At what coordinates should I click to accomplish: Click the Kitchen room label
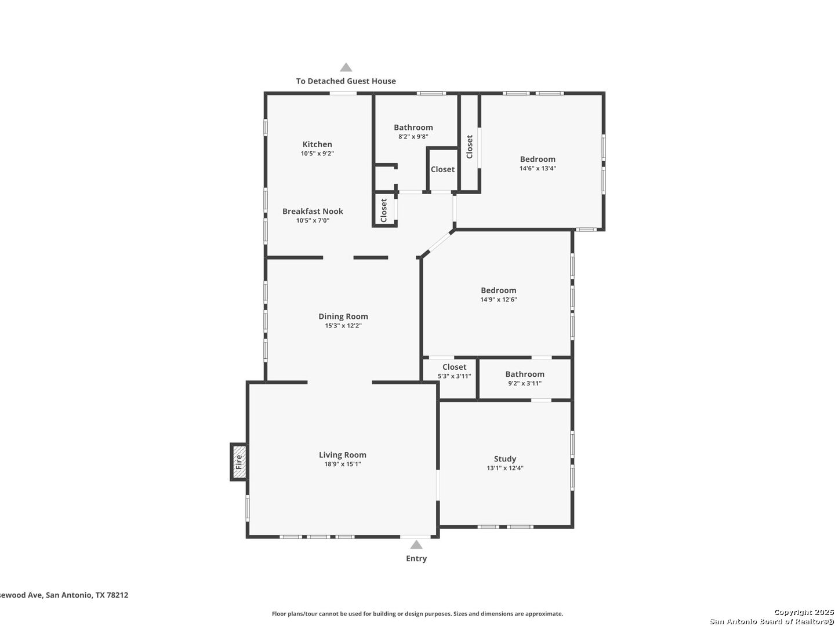[317, 144]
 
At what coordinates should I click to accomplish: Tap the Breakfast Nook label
[313, 211]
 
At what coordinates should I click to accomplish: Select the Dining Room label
[343, 316]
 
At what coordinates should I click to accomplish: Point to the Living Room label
[342, 454]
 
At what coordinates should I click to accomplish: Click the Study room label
[504, 458]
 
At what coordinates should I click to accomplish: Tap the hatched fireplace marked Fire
[238, 461]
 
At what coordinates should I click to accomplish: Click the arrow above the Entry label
[416, 545]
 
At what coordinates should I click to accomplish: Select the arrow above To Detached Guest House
[346, 67]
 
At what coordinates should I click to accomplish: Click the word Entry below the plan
[416, 558]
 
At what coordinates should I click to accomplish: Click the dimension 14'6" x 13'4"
[538, 168]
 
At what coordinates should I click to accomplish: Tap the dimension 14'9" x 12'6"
[498, 299]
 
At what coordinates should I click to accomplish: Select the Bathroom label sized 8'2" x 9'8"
[413, 128]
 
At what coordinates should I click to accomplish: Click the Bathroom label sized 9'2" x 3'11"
[525, 374]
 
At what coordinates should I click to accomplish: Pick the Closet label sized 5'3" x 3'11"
[454, 367]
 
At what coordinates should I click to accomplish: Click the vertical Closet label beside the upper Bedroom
[470, 147]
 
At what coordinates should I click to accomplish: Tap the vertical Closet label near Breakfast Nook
[383, 210]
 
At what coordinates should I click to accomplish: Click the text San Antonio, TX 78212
[87, 595]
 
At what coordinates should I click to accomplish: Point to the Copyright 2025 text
[803, 612]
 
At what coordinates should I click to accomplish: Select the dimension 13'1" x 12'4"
[505, 468]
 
